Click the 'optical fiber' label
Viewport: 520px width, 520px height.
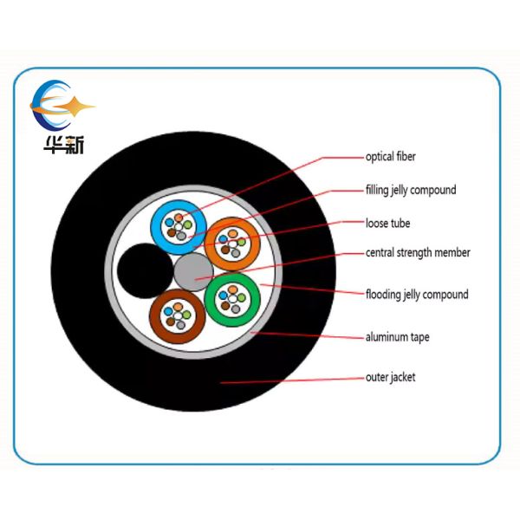pyautogui.click(x=390, y=157)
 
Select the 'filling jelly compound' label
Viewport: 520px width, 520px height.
pyautogui.click(x=411, y=190)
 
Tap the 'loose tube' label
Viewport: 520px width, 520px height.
pyautogui.click(x=387, y=224)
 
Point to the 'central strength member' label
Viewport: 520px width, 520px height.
pyautogui.click(x=418, y=253)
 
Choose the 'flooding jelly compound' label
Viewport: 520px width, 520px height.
pyautogui.click(x=417, y=295)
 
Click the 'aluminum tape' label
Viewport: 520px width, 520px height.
pyautogui.click(x=397, y=337)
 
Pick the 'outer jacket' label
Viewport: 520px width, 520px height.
pyautogui.click(x=390, y=377)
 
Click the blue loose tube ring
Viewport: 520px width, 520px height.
pyautogui.click(x=179, y=227)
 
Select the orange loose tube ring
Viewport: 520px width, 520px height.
pyautogui.click(x=232, y=244)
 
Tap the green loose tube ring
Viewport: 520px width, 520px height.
pyautogui.click(x=232, y=300)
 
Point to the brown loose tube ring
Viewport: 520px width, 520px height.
pyautogui.click(x=178, y=316)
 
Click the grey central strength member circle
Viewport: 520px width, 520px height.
pyautogui.click(x=193, y=272)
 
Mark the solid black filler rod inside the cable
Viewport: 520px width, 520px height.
pyautogui.click(x=146, y=271)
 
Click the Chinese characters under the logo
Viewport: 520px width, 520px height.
pyautogui.click(x=64, y=145)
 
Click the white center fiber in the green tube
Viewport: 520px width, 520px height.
pyautogui.click(x=233, y=299)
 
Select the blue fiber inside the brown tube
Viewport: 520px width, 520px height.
pyautogui.click(x=169, y=311)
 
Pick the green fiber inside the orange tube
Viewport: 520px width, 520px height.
pyautogui.click(x=242, y=242)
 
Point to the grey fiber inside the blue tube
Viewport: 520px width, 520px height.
pyautogui.click(x=181, y=236)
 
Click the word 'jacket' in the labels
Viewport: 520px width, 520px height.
pyautogui.click(x=403, y=377)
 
